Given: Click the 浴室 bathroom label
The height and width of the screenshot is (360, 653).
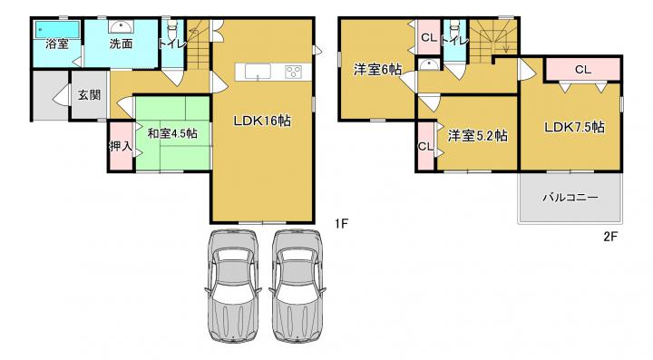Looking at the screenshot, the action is (x=56, y=44).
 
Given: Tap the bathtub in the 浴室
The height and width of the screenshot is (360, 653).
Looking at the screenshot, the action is (x=57, y=29).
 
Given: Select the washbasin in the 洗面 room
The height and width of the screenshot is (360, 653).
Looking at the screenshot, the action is (x=121, y=27).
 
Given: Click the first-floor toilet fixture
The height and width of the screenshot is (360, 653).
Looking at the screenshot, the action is (x=171, y=29).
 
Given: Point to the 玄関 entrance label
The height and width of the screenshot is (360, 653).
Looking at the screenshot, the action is (x=89, y=95).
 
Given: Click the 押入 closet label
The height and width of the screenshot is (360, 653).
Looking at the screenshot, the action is (x=121, y=146).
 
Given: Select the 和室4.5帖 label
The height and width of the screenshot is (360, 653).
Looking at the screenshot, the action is (x=173, y=133).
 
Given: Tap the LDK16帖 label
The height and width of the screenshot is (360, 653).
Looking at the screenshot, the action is (x=262, y=122).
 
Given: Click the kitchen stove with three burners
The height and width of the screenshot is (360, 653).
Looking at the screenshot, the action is (x=294, y=72).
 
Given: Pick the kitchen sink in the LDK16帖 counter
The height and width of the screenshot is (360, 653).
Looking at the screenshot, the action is (x=258, y=72).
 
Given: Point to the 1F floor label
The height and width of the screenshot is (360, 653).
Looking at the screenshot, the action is (x=340, y=224).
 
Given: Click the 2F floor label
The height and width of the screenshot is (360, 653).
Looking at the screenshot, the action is (x=610, y=237).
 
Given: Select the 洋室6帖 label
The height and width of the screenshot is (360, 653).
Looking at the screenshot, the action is (x=377, y=70).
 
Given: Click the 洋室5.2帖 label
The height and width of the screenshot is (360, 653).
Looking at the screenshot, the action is (x=477, y=136).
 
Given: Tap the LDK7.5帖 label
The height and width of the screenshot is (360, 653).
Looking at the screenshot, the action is (x=574, y=127).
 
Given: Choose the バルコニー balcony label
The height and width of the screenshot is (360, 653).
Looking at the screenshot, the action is (x=570, y=197).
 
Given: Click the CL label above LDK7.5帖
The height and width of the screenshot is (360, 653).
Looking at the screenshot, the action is (x=583, y=70).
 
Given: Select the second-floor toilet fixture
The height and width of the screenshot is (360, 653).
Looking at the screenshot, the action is (x=454, y=29).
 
